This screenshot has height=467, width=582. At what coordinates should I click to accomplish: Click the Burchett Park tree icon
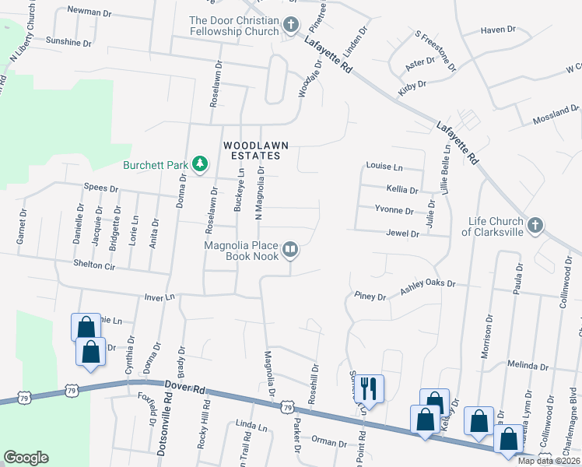coord(200,163)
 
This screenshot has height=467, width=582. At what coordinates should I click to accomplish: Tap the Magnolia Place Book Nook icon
coord(290,249)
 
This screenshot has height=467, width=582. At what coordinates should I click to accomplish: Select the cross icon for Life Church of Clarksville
coord(535,226)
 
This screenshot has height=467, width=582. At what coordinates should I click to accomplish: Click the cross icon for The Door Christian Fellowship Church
coord(292,26)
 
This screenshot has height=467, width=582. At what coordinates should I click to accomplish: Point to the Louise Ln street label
coord(384,167)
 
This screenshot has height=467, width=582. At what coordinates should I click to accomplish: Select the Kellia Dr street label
coord(402,189)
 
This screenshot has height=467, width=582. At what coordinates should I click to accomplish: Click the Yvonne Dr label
coord(394,210)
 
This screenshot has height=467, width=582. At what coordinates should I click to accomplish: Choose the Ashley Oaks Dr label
coord(427,286)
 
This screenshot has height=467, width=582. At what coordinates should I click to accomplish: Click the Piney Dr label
coord(370,297)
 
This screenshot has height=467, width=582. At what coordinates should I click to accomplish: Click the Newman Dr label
coord(91,10)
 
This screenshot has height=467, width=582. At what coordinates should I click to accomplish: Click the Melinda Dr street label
coord(528,365)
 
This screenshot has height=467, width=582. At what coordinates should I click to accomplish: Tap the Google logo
coord(26,458)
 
